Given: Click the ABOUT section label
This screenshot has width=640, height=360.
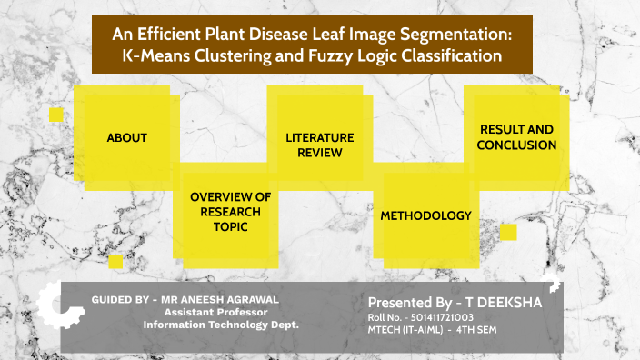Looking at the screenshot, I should coord(126,138).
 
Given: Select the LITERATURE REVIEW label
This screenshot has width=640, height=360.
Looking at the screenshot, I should coord(319,145).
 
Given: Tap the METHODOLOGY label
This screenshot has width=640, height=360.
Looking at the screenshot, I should coord(425,216).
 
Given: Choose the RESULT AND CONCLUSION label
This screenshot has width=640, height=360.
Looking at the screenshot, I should coord(516,137).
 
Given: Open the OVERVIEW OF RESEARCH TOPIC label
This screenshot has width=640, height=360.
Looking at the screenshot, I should coord(230,212).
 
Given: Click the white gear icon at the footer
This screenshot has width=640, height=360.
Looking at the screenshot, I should coord(42,306).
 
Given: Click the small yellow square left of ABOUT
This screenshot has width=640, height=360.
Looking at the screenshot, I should coord(56,115).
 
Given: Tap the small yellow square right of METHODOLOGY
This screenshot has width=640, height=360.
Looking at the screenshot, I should coord(508,232).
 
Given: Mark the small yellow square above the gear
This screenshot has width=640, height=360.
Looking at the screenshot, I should coord(115,262).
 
